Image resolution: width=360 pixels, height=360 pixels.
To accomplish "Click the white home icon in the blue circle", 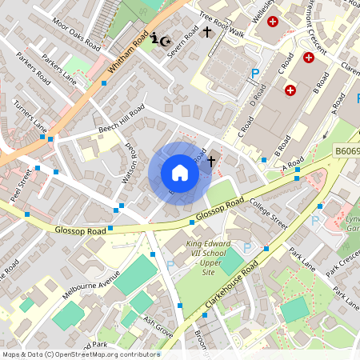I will pos(180,173).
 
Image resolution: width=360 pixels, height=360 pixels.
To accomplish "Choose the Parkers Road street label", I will pos(34,69).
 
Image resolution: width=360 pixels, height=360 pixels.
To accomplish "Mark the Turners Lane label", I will pos(30,115).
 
